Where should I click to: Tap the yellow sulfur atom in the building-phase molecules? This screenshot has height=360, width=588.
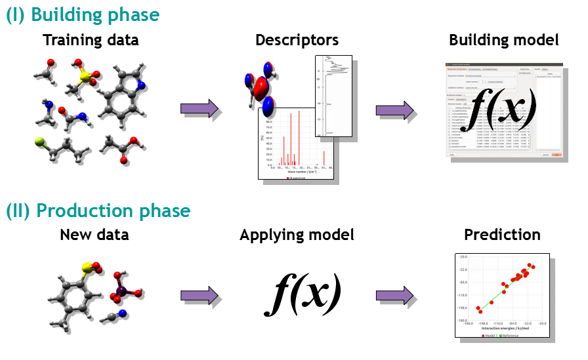pos(84,77)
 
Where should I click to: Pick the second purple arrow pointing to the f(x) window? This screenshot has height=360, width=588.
pos(395,110)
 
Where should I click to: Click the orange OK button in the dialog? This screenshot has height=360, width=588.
pos(556,155)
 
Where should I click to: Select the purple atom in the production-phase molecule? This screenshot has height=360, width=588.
pos(121,289)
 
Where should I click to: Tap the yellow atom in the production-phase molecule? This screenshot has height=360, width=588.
pos(87,267)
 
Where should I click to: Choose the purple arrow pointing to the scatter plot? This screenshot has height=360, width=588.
pos(395,296)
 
